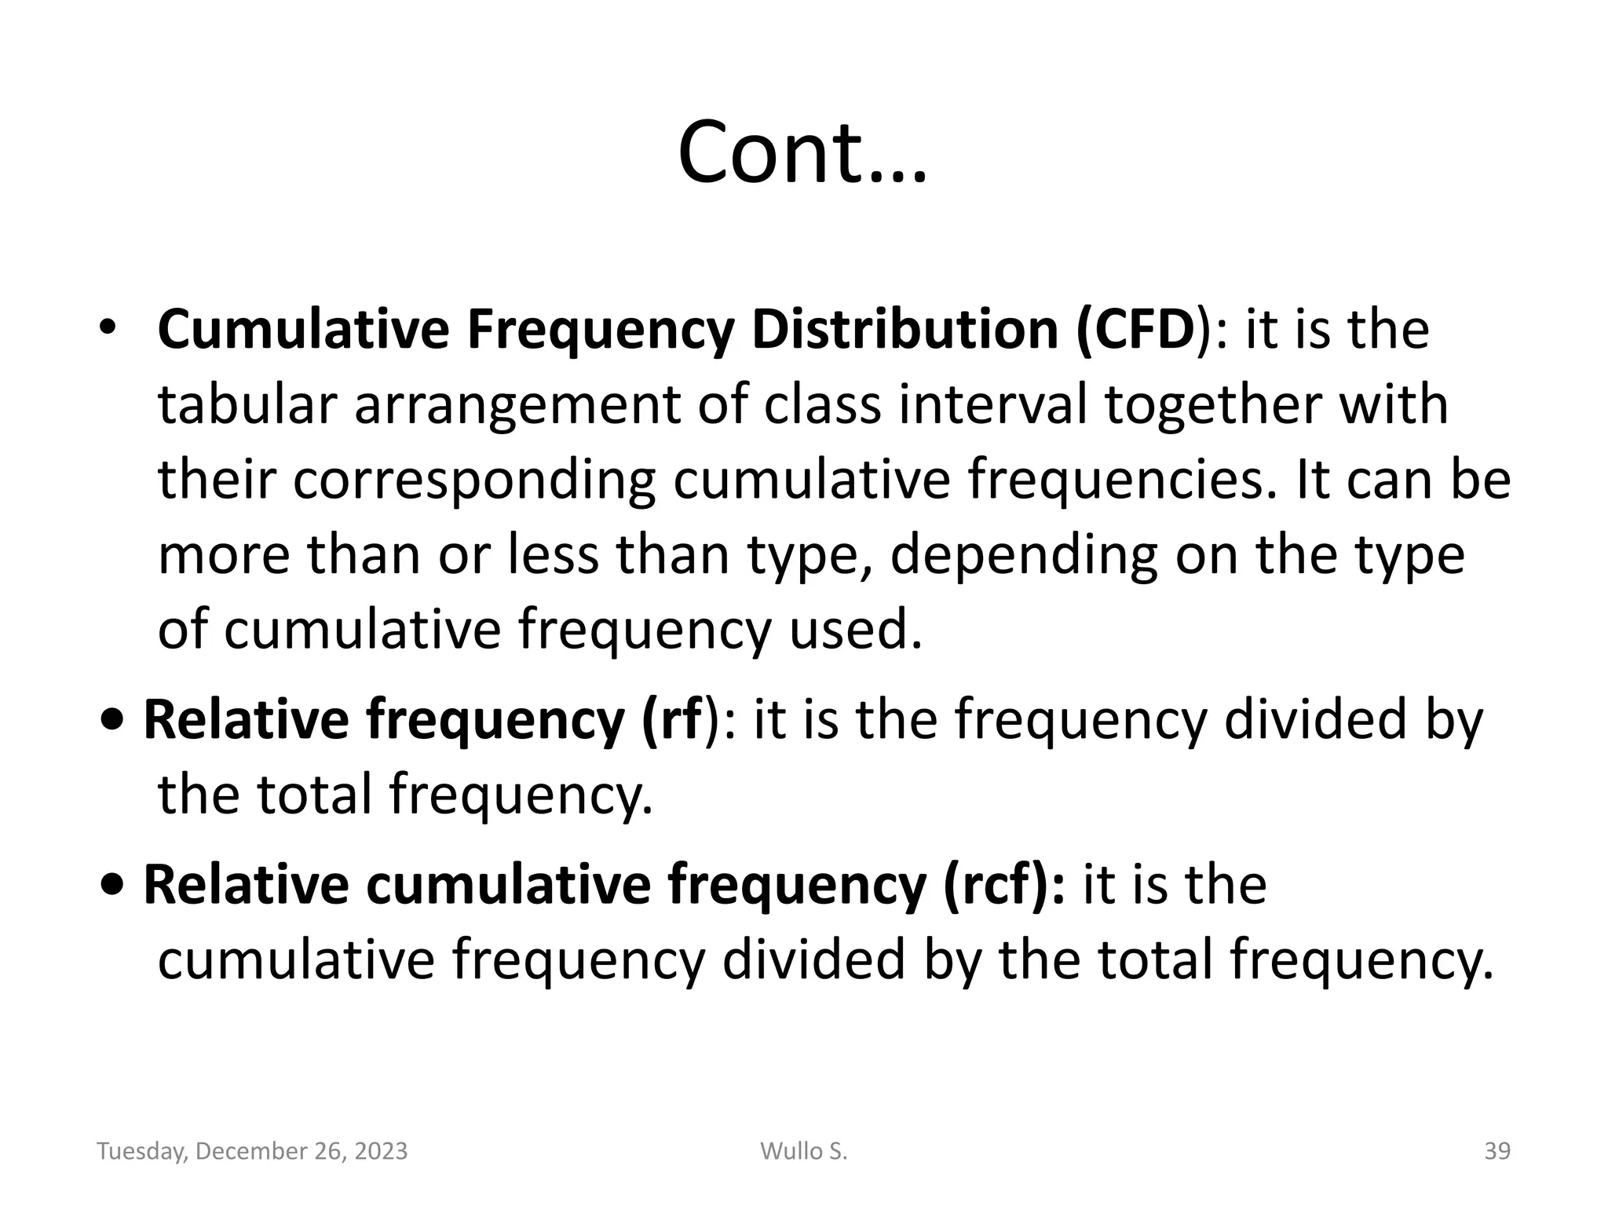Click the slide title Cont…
tap(802, 152)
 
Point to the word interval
tap(993, 405)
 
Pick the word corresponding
tap(475, 481)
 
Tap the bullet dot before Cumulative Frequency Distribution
tap(108, 327)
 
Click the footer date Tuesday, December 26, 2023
tap(252, 1151)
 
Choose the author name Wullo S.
tap(803, 1151)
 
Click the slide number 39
tap(1497, 1151)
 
